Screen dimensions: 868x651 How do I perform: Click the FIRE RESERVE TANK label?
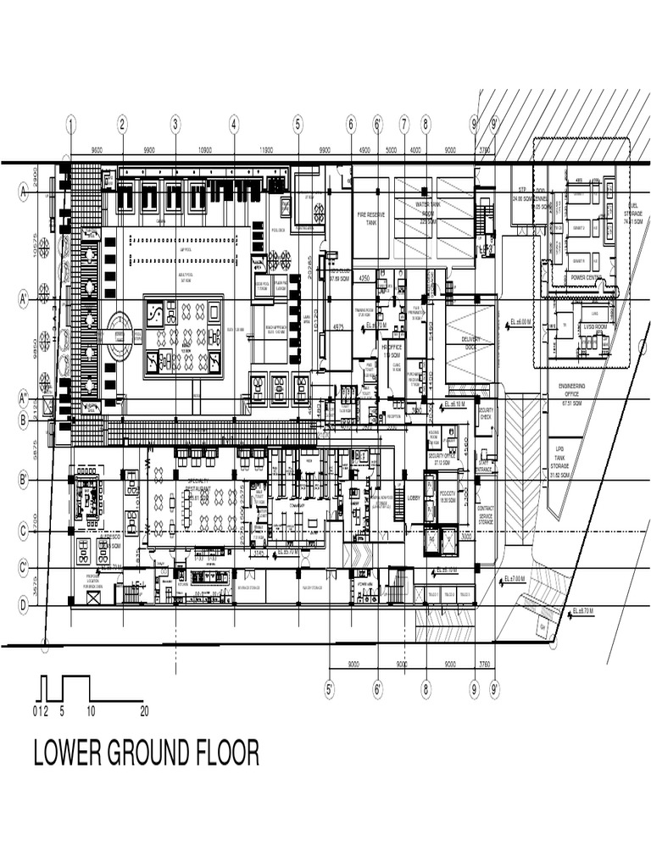pos(370,218)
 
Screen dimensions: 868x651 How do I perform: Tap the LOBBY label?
pos(415,498)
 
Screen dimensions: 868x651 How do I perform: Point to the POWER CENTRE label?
pos(587,277)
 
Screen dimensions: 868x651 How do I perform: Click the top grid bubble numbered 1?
pos(71,124)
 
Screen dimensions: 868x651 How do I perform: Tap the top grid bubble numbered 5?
pos(298,124)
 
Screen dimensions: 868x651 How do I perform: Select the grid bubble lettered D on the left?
pos(24,605)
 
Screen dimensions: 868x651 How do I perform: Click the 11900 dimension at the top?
pos(265,150)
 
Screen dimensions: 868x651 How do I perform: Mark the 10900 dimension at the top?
pos(204,150)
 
